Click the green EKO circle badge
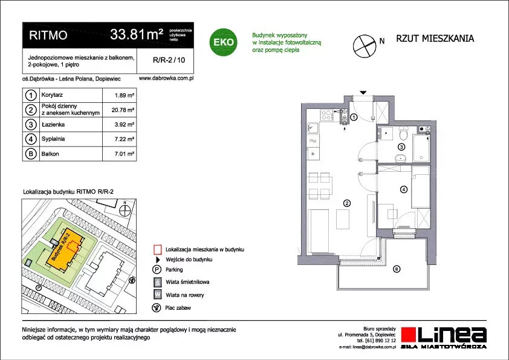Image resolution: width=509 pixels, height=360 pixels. [223, 42]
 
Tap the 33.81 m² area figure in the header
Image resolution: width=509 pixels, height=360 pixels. [137, 34]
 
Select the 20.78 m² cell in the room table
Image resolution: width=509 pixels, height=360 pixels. [123, 110]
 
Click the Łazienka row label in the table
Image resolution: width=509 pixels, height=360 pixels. [53, 125]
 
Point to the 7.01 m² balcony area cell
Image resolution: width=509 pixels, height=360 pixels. [125, 154]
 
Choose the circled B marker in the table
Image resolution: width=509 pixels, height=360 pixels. [31, 154]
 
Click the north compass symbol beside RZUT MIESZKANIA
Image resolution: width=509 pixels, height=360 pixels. [365, 46]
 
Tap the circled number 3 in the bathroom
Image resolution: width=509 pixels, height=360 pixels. [401, 147]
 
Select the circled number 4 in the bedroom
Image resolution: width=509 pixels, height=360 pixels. [403, 189]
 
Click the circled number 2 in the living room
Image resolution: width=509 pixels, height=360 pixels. [347, 203]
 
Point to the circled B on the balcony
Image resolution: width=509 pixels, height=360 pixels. [397, 269]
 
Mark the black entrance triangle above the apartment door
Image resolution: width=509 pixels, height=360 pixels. [363, 93]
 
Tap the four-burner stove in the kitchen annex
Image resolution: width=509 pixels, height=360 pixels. [326, 115]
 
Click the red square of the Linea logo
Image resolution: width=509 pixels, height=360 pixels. [408, 335]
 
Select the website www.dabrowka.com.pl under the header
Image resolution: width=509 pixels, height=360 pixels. [166, 78]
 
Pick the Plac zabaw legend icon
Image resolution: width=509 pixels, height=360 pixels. [157, 308]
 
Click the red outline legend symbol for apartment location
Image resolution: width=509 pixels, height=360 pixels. [157, 249]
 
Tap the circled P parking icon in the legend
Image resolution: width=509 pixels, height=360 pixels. [157, 270]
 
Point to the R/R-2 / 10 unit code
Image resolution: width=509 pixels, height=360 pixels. [169, 60]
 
